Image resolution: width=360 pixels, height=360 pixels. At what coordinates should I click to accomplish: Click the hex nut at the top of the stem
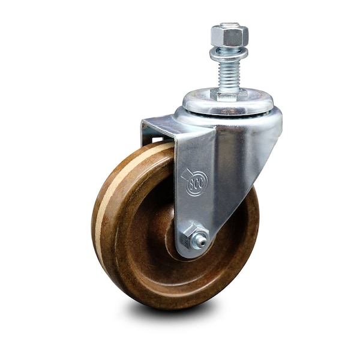pyautogui.click(x=229, y=36)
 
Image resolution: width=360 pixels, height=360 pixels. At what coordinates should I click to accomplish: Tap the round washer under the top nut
pyautogui.click(x=229, y=53)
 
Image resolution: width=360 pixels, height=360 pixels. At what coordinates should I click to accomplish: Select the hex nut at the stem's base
pyautogui.click(x=229, y=95)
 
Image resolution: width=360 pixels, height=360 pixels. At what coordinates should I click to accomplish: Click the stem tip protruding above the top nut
pyautogui.click(x=230, y=25)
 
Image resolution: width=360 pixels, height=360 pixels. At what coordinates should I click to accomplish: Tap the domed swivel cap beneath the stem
pyautogui.click(x=228, y=102)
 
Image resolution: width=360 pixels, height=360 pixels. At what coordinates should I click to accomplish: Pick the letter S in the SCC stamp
pyautogui.click(x=191, y=184)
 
